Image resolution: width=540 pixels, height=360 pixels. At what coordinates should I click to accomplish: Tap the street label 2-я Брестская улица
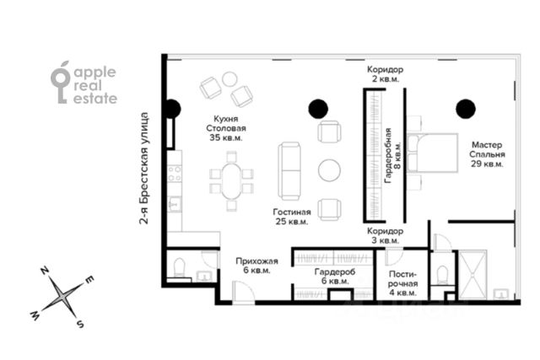point(144,169)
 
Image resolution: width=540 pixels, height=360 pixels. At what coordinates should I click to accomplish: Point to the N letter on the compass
point(44,271)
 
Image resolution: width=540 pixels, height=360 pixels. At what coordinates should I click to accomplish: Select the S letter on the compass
point(80,324)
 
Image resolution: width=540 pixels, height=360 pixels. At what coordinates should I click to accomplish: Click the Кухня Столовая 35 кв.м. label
point(226,128)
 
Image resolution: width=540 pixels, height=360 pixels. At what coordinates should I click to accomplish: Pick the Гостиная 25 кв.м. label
point(292,217)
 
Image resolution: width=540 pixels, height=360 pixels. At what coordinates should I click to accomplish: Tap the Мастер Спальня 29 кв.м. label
point(487,154)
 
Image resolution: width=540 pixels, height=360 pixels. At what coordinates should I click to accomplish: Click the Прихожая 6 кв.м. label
point(256,266)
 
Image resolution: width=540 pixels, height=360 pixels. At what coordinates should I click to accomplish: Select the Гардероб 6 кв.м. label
point(335,277)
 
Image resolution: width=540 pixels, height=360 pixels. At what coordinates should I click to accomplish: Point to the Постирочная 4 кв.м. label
point(403,283)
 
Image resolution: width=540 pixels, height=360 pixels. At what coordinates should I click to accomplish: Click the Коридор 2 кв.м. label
point(385,74)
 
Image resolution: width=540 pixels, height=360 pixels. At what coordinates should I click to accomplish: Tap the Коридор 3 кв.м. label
point(385,236)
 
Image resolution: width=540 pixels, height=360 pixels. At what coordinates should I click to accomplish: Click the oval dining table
point(231,181)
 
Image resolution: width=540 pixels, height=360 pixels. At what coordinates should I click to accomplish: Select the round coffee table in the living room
point(329,170)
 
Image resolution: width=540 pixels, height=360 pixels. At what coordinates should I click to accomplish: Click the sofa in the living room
point(289,171)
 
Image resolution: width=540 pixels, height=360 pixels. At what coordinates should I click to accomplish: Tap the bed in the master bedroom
point(432,153)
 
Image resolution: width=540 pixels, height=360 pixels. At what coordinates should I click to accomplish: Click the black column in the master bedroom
point(466,109)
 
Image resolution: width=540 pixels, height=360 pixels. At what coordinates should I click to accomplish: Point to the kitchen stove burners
point(175,174)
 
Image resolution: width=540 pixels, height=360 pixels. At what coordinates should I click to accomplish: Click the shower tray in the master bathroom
point(472,275)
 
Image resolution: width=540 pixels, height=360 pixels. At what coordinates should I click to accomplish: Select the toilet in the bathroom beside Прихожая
point(179,267)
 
